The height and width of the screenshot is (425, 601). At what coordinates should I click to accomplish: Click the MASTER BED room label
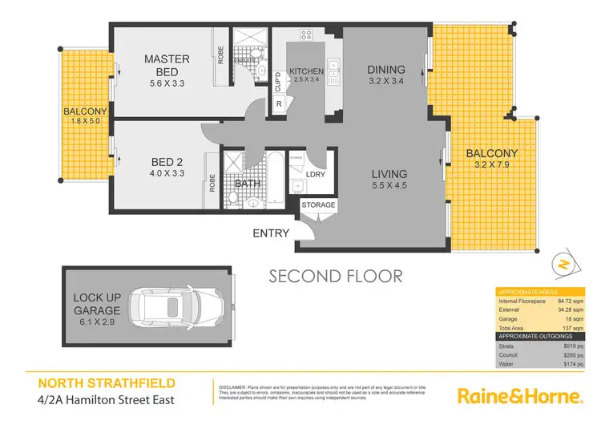pos(167,65)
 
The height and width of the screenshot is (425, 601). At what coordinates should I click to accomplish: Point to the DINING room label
pos(385,69)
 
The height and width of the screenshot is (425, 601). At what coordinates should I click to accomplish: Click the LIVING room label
pos(389,174)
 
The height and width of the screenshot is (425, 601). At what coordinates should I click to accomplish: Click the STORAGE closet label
pos(318,205)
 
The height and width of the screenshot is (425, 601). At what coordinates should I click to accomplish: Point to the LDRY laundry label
pos(316,174)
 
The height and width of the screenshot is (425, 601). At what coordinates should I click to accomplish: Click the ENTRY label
pos(271,233)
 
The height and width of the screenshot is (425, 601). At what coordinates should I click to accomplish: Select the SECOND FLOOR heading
pos(335,277)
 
